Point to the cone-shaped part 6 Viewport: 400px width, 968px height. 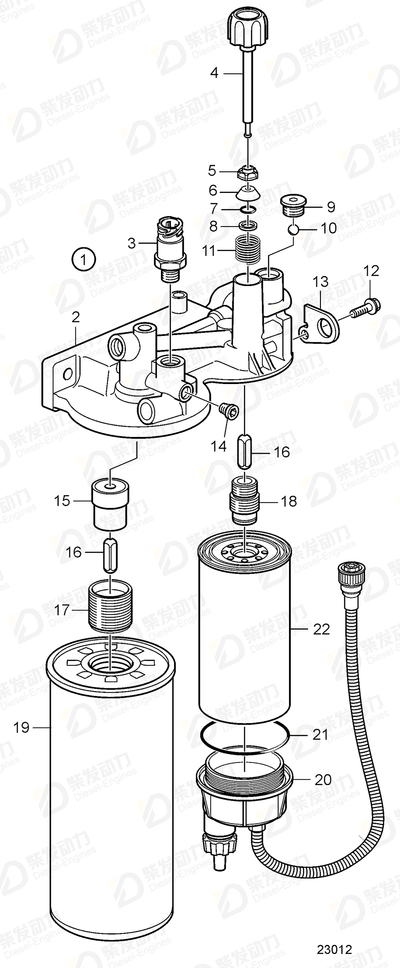click(248, 193)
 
